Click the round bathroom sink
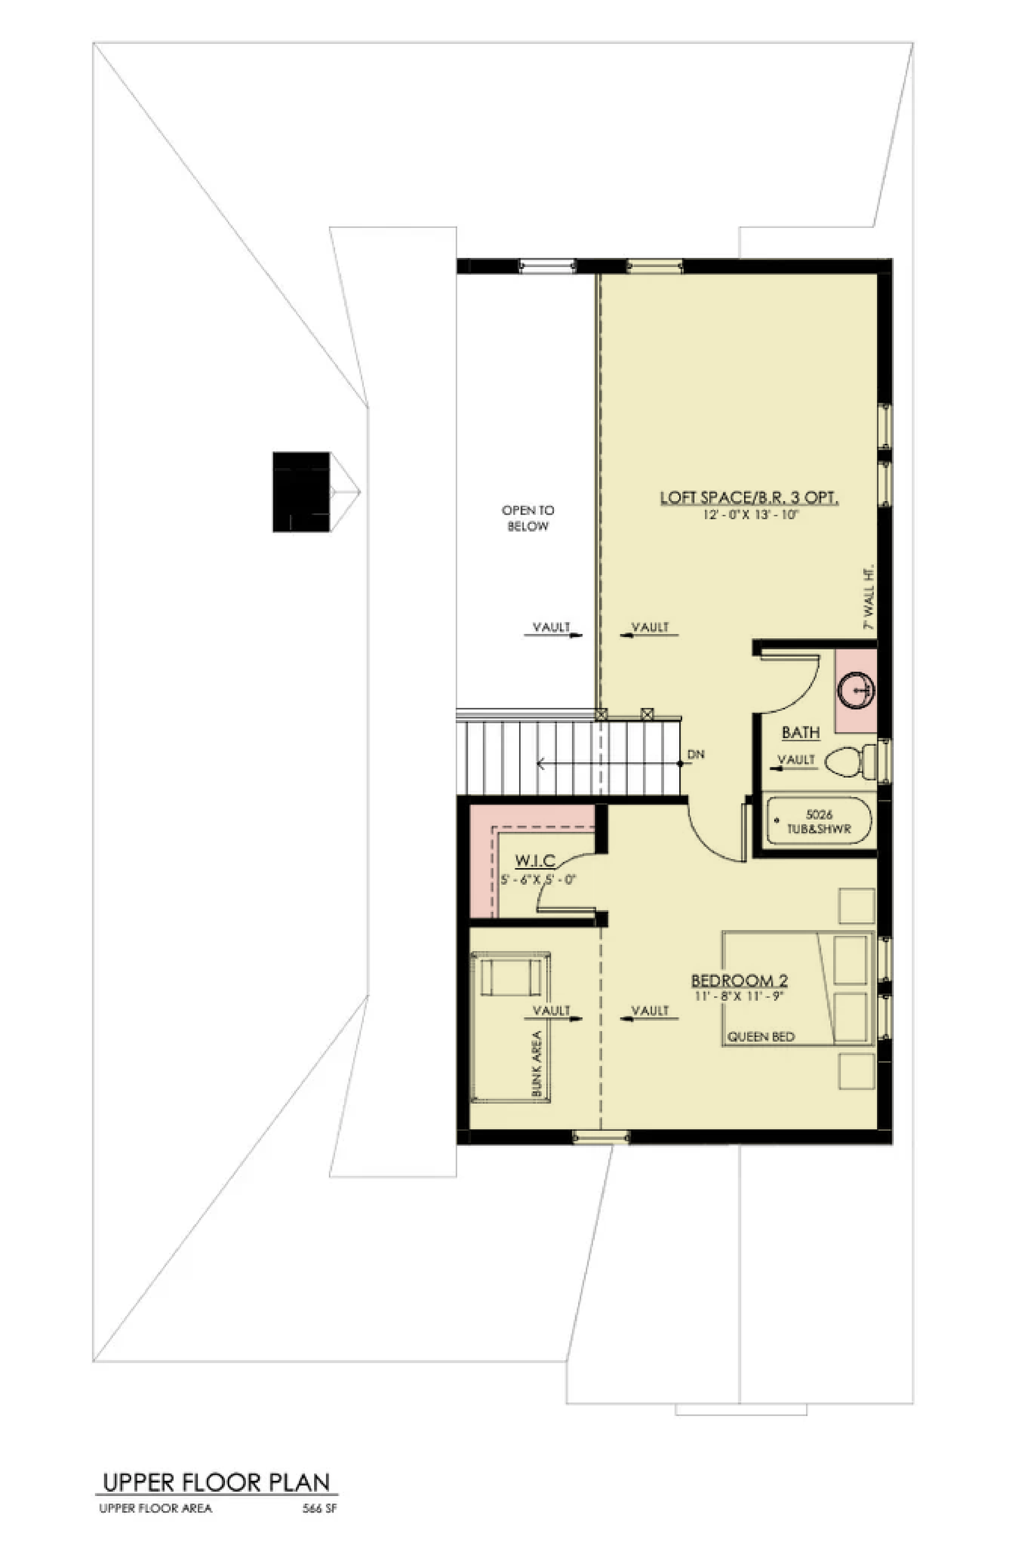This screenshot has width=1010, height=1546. tap(855, 689)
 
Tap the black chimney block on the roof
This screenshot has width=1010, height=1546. tap(300, 492)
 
